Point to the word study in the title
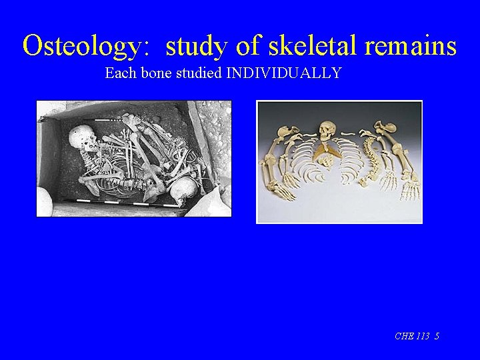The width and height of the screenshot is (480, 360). pyautogui.click(x=194, y=47)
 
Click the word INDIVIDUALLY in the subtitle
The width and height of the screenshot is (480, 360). pyautogui.click(x=284, y=73)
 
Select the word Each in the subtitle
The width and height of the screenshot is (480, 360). pyautogui.click(x=119, y=73)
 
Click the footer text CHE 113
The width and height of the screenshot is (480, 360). pyautogui.click(x=411, y=336)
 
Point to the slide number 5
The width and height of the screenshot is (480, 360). pyautogui.click(x=436, y=336)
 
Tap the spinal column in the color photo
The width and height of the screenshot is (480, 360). pyautogui.click(x=369, y=157)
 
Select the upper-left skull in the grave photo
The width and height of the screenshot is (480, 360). pyautogui.click(x=81, y=138)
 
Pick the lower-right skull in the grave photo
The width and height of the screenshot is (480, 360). pyautogui.click(x=183, y=191)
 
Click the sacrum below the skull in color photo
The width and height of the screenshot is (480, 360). pyautogui.click(x=327, y=157)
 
